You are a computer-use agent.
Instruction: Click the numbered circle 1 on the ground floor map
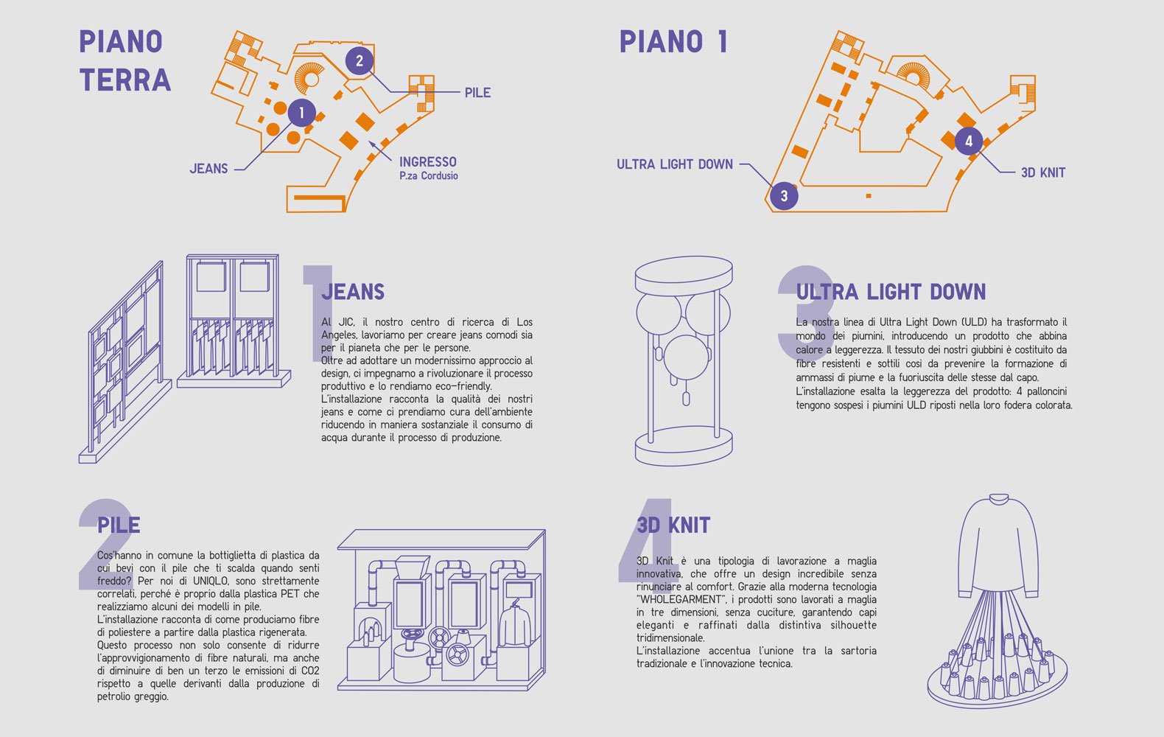coord(301,113)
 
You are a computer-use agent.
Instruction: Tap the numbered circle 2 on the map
coord(359,61)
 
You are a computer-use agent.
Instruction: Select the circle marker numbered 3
coord(784,196)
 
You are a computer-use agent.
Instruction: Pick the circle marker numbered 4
coord(969,141)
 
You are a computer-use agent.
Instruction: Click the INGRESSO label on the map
coord(428,162)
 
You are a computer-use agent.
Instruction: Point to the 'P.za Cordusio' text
coord(429,175)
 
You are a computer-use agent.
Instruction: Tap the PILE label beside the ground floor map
coord(477,93)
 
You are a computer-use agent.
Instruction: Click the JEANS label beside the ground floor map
coord(209,169)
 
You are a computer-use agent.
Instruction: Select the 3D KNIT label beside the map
coord(1043,172)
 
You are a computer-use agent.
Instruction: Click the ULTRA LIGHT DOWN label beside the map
coord(675,164)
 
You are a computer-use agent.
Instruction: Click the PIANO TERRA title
coord(125,61)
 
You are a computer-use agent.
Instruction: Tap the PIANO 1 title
coord(673,41)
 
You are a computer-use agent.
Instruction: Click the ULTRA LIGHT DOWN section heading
coord(891,292)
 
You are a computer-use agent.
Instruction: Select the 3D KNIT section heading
coord(673,525)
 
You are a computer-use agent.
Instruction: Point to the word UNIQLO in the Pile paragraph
coord(211,581)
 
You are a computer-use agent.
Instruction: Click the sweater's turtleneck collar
coord(999,499)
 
